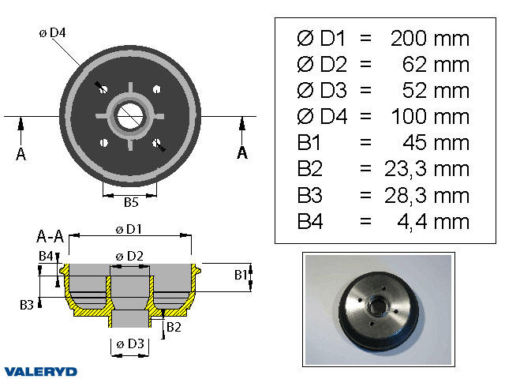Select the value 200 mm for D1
[429, 39]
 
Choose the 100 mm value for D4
[429, 117]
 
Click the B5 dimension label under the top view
[131, 202]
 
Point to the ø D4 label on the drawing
[52, 33]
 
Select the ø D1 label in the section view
[129, 230]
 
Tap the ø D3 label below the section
[129, 343]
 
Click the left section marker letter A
[21, 154]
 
